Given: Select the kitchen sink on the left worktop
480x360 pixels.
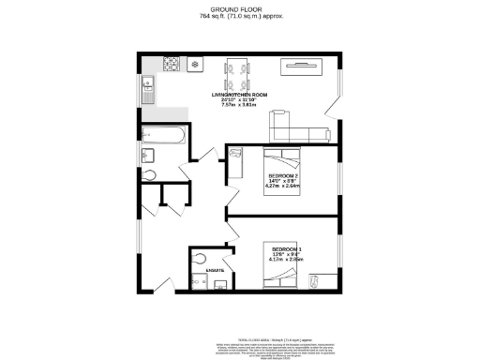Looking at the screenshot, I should pyautogui.click(x=147, y=91).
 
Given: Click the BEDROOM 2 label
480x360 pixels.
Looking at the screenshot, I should pyautogui.click(x=283, y=176).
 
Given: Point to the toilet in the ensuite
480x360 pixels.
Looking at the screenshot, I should pyautogui.click(x=199, y=259).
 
